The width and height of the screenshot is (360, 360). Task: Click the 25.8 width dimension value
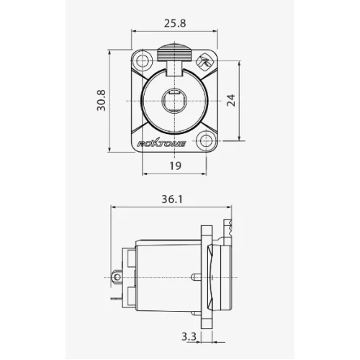[x=175, y=23]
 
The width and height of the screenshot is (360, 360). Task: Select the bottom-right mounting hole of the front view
[x=207, y=142]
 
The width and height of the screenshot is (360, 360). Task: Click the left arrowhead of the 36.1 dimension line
[x=114, y=207]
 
